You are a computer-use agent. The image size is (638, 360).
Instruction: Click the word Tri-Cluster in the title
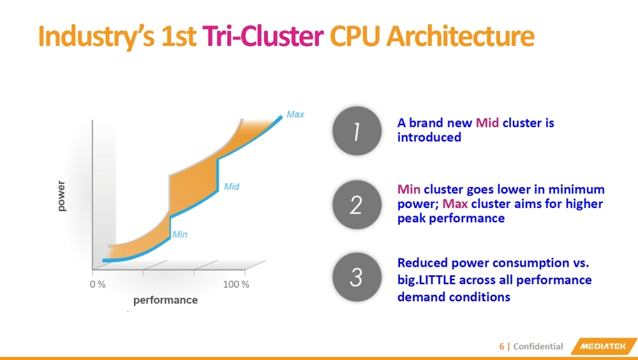[x=263, y=37]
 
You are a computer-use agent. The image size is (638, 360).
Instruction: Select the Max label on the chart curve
[x=295, y=115]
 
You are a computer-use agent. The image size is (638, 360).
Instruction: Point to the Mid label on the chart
[x=231, y=187]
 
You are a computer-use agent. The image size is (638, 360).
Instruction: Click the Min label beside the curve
[x=180, y=235]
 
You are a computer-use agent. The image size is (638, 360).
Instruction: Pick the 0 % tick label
[x=97, y=285]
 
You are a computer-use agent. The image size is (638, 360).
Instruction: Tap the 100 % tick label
[x=236, y=285]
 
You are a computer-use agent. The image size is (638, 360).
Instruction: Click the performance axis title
[x=165, y=300]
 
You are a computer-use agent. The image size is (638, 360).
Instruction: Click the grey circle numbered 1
[x=356, y=131]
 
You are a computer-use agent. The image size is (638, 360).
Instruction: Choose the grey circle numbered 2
[x=356, y=204]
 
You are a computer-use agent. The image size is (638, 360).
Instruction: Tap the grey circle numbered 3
[x=356, y=277]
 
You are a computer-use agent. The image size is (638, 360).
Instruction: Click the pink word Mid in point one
[x=487, y=123]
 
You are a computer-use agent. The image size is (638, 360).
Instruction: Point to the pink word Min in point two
[x=409, y=190]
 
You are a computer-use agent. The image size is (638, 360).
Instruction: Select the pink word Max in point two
[x=456, y=204]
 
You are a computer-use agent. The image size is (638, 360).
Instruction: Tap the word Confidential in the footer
[x=538, y=347]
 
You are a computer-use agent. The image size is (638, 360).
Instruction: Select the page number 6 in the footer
[x=501, y=347]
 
